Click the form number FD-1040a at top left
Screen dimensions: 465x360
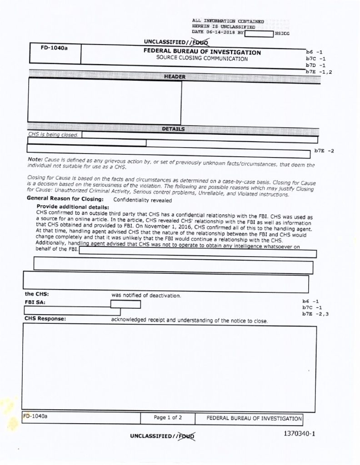(54, 48)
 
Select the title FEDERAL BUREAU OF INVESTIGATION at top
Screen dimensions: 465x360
(202, 52)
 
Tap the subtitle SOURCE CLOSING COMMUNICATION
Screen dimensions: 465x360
(202, 59)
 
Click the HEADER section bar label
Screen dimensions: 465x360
(175, 77)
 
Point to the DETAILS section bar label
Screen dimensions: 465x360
(173, 129)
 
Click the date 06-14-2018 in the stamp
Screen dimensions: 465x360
(220, 33)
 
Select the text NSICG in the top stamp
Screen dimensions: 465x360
(282, 34)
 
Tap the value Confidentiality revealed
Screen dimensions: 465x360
(142, 199)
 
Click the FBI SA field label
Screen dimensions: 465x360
(35, 302)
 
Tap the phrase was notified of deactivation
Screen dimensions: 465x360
(146, 295)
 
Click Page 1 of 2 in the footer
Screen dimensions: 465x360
(168, 417)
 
